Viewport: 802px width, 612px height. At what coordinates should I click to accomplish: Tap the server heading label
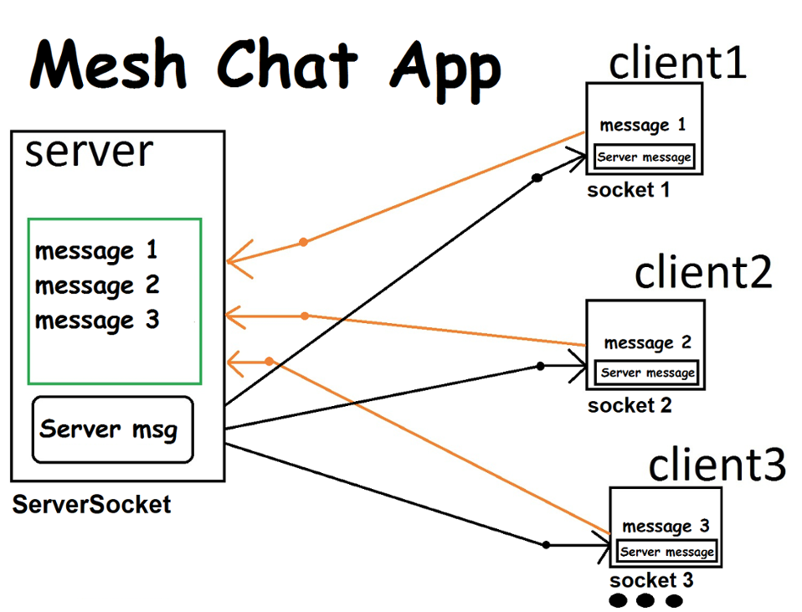point(89,152)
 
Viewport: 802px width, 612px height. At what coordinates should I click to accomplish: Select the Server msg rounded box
point(112,429)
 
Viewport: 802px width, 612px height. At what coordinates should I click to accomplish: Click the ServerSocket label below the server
point(91,505)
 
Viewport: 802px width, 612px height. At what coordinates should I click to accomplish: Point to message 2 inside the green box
point(97,285)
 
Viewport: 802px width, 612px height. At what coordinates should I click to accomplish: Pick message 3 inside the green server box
point(97,321)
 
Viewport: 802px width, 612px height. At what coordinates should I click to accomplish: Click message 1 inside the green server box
point(96,250)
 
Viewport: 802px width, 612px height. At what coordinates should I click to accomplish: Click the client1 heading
point(677,62)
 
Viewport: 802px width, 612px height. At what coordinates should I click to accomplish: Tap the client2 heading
point(702,272)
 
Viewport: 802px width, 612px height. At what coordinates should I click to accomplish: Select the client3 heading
point(717,465)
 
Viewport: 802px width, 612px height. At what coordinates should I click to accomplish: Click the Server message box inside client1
point(644,157)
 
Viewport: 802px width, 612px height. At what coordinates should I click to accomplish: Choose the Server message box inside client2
point(647,373)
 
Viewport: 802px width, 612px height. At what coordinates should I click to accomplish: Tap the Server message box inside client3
point(667,552)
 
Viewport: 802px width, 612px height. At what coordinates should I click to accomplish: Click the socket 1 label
point(629,190)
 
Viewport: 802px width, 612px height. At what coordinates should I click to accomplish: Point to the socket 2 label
point(630,407)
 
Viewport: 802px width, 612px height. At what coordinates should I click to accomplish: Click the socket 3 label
point(651,580)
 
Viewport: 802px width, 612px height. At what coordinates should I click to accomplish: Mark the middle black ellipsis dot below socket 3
point(645,600)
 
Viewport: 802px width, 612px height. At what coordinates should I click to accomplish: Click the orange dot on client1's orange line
point(303,242)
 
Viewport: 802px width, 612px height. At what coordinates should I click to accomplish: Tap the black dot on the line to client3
point(546,545)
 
